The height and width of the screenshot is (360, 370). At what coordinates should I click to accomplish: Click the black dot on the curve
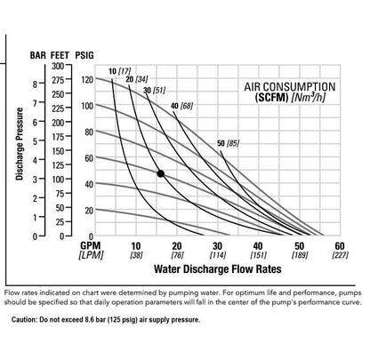(x=160, y=173)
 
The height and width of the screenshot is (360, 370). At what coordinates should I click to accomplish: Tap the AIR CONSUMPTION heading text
(x=289, y=86)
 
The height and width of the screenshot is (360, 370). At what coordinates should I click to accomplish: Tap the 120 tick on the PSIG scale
(x=87, y=79)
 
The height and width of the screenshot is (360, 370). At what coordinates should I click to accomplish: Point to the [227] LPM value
(x=338, y=256)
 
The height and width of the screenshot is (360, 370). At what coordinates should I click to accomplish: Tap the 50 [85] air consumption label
(x=227, y=143)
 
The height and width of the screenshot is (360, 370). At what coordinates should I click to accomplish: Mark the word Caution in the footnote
(x=24, y=318)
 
